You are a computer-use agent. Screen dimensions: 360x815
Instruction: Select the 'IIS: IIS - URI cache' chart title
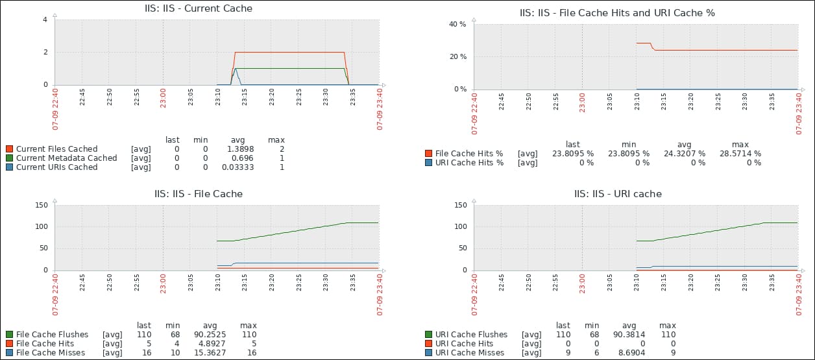click(618, 193)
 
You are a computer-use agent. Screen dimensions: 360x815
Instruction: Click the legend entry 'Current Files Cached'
click(56, 149)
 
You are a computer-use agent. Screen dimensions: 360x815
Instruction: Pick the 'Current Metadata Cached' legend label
click(66, 158)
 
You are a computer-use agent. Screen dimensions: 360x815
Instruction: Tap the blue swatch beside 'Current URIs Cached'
click(9, 167)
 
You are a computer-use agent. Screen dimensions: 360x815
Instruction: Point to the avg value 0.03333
click(241, 167)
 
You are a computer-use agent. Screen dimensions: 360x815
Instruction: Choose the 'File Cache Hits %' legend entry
click(469, 154)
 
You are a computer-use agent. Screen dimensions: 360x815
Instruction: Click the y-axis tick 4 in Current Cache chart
click(45, 19)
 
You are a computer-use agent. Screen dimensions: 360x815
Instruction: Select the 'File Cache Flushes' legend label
click(52, 335)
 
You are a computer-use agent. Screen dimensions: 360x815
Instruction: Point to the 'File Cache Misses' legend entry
click(50, 353)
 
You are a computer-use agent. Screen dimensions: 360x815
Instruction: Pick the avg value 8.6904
click(629, 353)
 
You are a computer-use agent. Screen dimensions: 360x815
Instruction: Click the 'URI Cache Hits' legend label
click(464, 344)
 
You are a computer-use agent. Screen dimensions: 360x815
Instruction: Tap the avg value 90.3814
click(629, 335)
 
